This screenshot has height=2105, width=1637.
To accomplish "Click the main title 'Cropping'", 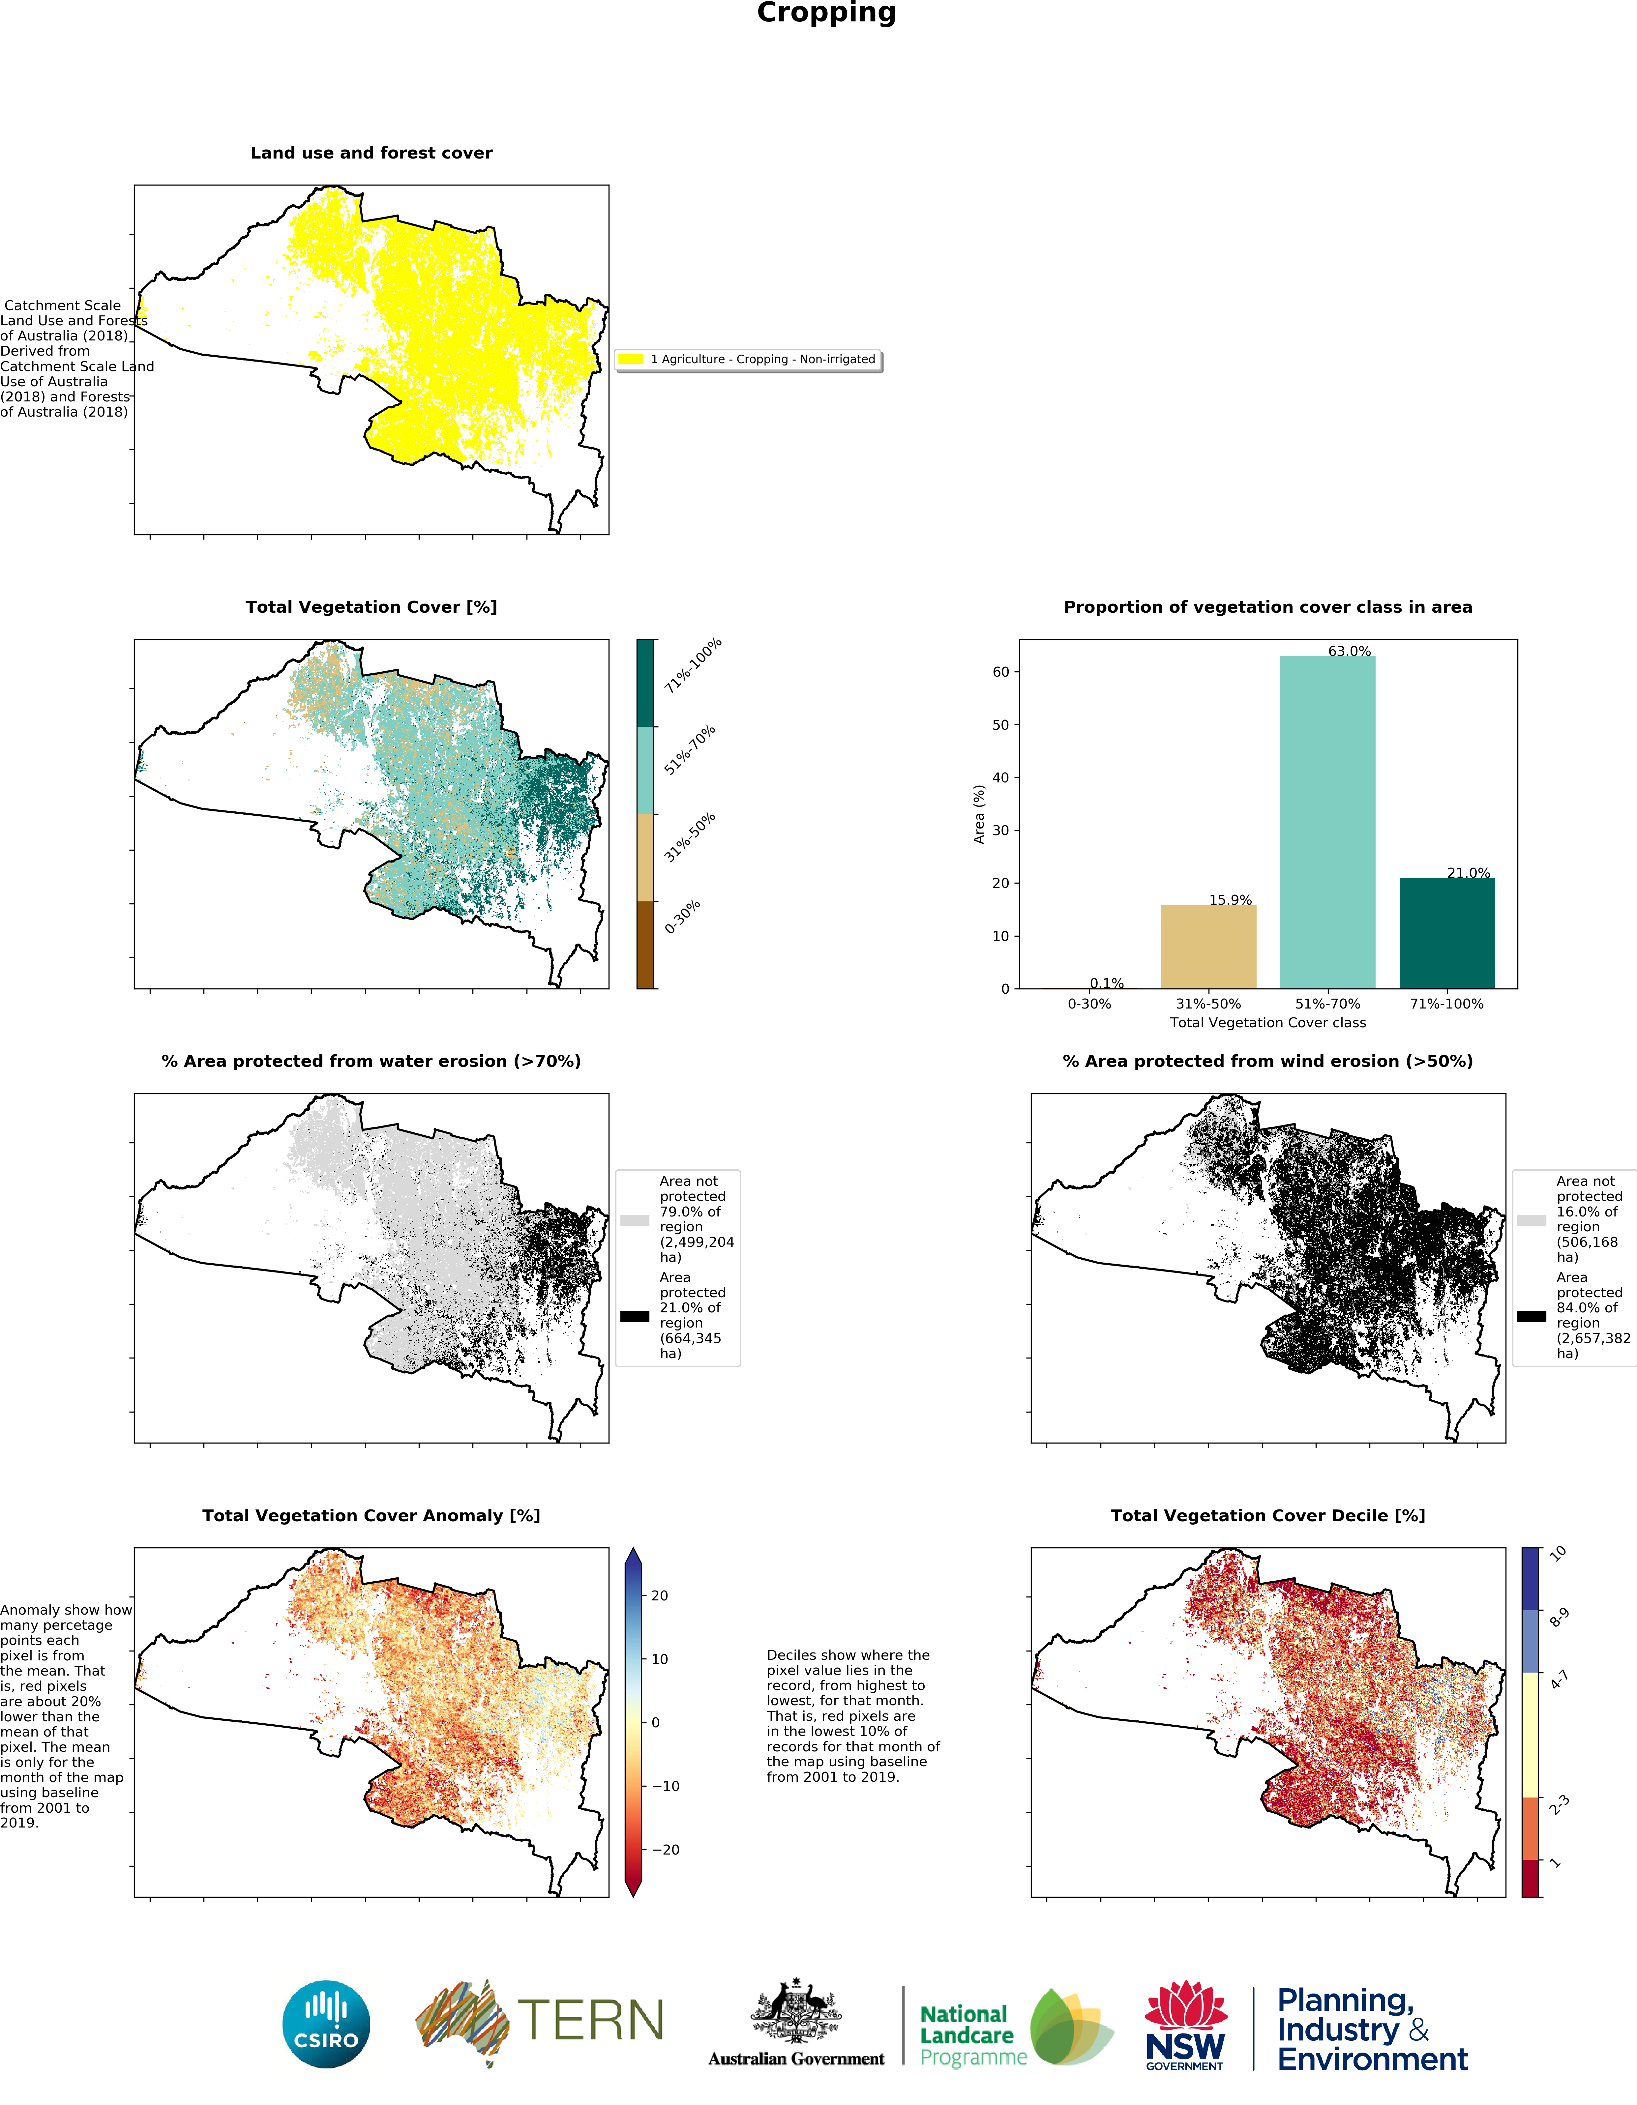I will pos(826,14).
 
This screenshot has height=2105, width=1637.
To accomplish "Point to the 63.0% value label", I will pos(1349,652).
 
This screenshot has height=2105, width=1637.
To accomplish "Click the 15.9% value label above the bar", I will pos(1230,900).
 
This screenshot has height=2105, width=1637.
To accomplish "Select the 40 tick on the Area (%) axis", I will pos(1001,778).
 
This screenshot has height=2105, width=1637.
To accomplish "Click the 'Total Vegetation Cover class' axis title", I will pos(1268,1023).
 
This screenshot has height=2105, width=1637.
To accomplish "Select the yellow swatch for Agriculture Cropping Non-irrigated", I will pos(631,360).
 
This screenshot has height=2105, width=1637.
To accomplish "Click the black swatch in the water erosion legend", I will pos(634,1317).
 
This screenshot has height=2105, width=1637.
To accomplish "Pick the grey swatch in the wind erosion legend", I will pos(1531,1220).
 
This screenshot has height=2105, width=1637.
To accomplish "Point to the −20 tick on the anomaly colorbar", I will pos(665,1850).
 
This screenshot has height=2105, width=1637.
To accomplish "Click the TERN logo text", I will pos(590,2021).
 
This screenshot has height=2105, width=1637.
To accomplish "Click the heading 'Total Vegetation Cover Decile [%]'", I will pos(1268,1516).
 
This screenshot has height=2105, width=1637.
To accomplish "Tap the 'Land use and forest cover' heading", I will pos(371,153).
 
